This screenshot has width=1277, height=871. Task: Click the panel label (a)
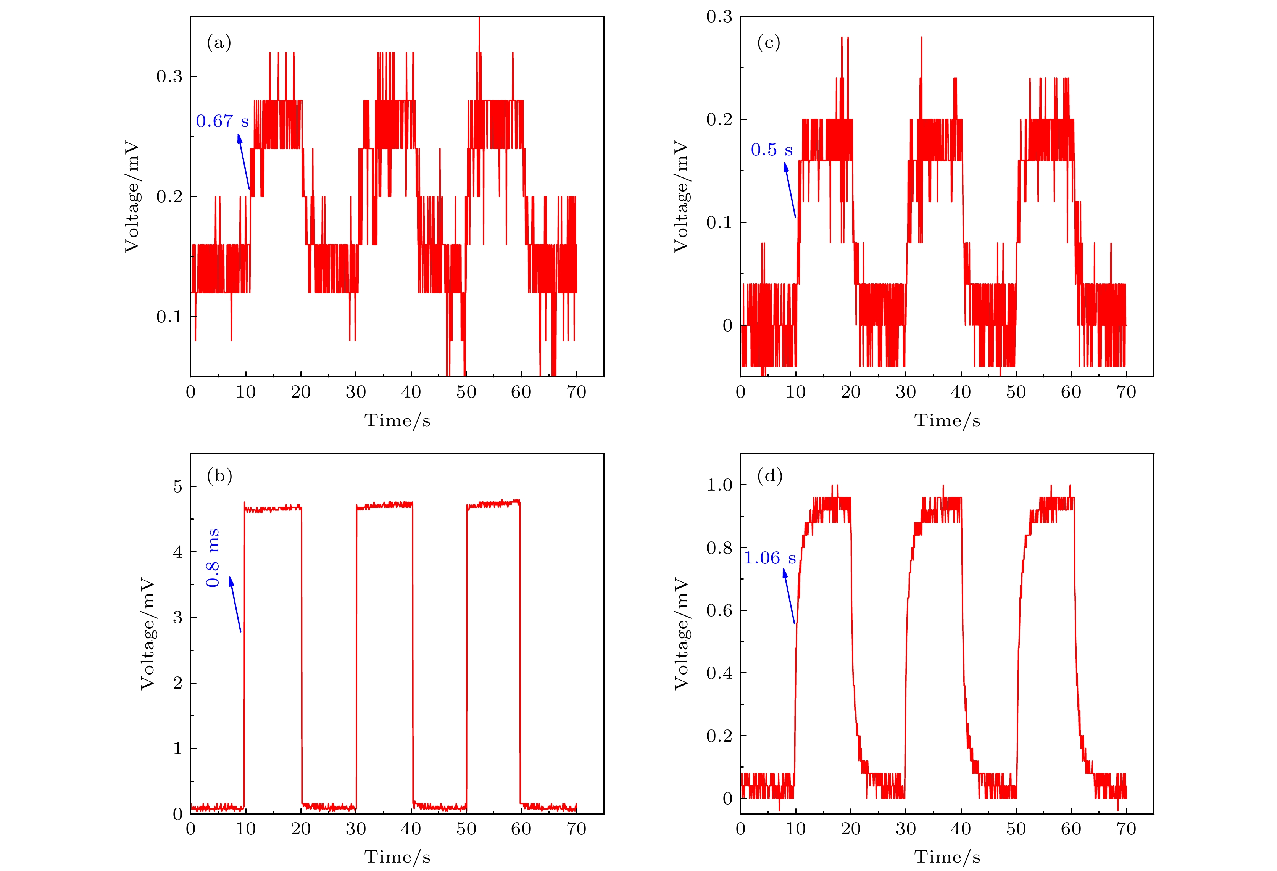[x=219, y=43]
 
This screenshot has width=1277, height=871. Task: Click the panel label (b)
[x=219, y=476]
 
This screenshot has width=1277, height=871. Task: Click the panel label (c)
[x=768, y=43]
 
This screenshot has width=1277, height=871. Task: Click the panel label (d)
[x=769, y=476]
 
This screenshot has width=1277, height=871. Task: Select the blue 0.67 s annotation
[x=222, y=121]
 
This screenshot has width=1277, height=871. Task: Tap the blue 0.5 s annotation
[x=771, y=150]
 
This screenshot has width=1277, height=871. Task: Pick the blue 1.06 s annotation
[x=769, y=559]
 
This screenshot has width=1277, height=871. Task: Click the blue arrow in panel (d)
[x=789, y=596]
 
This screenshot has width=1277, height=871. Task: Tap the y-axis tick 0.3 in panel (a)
[x=169, y=76]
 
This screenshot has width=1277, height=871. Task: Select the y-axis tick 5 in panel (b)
[x=177, y=486]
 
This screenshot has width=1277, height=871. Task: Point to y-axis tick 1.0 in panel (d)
[x=719, y=485]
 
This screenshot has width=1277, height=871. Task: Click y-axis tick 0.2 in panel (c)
[x=719, y=119]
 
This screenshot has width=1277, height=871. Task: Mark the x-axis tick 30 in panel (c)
[x=906, y=392]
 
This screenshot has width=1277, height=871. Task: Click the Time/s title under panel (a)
[x=397, y=421]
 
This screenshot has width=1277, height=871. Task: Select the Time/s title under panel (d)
[x=947, y=857]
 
